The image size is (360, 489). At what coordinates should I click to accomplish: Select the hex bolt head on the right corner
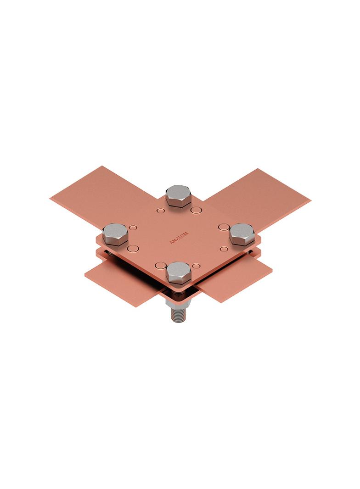coord(242,233)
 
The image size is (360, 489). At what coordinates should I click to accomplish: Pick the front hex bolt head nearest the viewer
coord(178,272)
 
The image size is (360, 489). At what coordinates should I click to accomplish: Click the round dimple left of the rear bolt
coord(160,211)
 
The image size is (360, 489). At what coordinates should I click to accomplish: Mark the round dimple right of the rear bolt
coord(196,211)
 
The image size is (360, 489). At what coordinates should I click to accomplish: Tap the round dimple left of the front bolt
coord(160,265)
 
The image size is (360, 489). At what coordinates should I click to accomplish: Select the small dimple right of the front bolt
coord(196,266)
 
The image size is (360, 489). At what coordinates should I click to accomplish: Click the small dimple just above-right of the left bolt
coord(133,228)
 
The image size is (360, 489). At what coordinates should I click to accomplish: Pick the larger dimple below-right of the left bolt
coord(133,249)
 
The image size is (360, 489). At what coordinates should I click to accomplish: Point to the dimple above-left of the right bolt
coord(224,227)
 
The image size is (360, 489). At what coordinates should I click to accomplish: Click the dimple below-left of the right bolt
coord(224,249)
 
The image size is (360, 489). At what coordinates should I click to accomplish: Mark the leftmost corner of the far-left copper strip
coord(51,198)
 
